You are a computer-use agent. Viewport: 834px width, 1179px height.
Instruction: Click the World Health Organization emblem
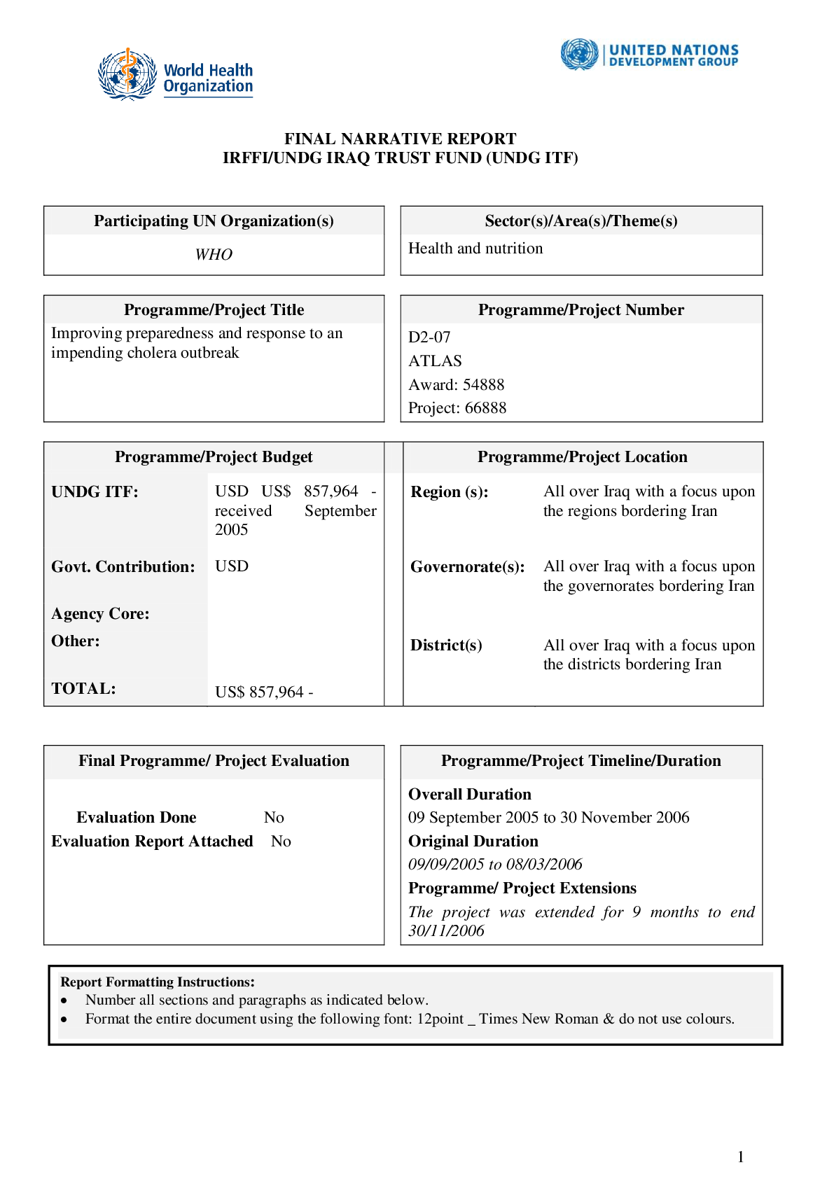click(x=127, y=74)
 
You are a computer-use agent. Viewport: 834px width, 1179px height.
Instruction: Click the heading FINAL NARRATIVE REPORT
click(x=400, y=139)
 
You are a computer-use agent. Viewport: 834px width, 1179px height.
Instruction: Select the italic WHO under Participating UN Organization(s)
click(x=214, y=255)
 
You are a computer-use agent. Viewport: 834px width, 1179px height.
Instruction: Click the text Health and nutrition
click(x=475, y=249)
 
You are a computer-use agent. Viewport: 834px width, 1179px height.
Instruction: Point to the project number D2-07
click(x=429, y=337)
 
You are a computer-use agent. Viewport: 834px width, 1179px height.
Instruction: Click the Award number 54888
click(x=483, y=385)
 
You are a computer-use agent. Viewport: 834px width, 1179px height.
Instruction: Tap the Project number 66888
click(x=485, y=408)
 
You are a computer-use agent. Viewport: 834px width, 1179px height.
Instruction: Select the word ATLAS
click(x=435, y=361)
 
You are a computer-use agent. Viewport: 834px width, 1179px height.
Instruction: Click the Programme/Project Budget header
click(x=214, y=457)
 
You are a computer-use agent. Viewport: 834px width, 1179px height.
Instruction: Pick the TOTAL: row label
click(x=83, y=689)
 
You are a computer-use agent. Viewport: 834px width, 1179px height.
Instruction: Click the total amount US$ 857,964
click(x=263, y=692)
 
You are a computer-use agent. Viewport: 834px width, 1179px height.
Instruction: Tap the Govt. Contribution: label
click(x=123, y=567)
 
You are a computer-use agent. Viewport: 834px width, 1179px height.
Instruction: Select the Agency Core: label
click(x=100, y=614)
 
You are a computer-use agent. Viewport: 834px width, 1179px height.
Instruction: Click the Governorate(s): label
click(x=467, y=567)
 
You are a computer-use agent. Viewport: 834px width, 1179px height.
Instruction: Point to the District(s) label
click(x=446, y=646)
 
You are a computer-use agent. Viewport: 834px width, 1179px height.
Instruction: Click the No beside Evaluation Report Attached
click(x=281, y=842)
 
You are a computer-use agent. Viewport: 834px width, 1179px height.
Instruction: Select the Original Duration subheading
click(x=473, y=842)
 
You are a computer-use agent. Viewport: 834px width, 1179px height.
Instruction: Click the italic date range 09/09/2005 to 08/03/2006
click(x=495, y=865)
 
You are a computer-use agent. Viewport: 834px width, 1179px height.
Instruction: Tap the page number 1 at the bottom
click(x=740, y=1157)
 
